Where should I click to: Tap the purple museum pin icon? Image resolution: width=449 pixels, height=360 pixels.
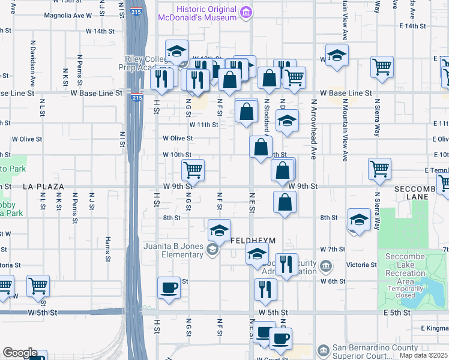245,12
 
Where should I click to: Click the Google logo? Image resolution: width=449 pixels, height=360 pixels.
19,353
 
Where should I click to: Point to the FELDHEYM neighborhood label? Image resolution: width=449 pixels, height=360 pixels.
253,241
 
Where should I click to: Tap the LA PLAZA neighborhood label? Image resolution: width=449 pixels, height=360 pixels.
43,187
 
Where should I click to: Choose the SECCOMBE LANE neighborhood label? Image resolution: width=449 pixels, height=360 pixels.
419,193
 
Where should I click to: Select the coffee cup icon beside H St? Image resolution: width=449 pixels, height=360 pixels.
169,287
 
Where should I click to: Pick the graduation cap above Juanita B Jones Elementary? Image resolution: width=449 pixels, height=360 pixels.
219,230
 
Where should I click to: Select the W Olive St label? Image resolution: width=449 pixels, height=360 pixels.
178,138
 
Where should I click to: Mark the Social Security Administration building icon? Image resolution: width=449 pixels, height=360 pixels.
325,265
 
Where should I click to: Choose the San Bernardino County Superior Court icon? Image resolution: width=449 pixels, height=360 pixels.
324,349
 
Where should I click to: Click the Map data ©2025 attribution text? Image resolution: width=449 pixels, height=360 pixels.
423,355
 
